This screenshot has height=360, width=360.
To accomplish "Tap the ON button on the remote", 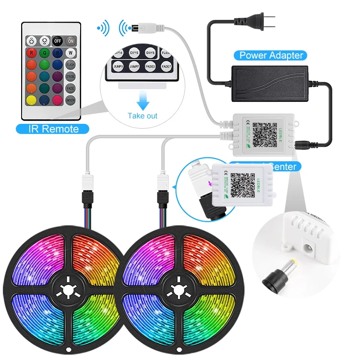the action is tap(71, 41).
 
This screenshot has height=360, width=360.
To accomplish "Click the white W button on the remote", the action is tap(71, 53).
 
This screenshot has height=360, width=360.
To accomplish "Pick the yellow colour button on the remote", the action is tap(32, 100).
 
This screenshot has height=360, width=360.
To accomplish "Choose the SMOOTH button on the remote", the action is tap(71, 100).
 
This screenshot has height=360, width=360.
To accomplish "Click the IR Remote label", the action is tap(54, 129).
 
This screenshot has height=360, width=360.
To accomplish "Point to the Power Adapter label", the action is tap(271, 55).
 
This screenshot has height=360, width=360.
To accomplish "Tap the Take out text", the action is tap(142, 116).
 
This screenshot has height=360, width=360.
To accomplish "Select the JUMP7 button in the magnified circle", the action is tap(134, 66).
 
